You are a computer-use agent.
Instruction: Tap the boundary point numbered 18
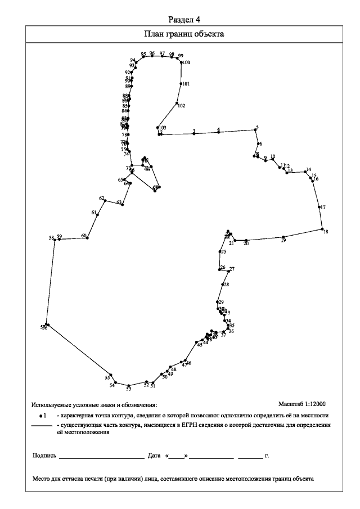point(322,229)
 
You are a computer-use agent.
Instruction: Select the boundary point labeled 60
point(87,238)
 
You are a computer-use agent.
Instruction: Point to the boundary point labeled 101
point(181,84)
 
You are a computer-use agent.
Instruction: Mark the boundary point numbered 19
point(283,237)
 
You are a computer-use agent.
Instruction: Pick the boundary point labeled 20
point(246,240)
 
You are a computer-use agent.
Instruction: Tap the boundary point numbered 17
point(319,207)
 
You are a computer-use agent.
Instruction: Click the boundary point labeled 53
point(129,385)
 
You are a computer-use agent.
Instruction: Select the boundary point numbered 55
point(111,375)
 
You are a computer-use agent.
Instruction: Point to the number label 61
point(94,212)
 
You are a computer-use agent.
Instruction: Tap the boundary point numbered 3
point(193,133)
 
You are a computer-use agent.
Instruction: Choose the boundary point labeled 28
point(223,285)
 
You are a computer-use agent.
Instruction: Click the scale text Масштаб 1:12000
point(302,404)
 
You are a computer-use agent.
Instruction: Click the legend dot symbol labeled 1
point(41,416)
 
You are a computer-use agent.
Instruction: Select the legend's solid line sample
point(41,426)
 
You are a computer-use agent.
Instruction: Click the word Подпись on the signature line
point(44,456)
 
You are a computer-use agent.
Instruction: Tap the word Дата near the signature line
point(154,456)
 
